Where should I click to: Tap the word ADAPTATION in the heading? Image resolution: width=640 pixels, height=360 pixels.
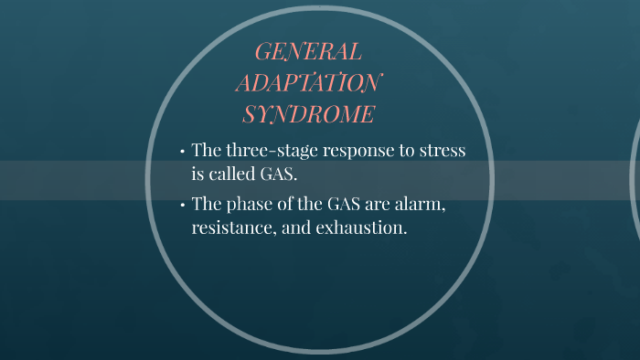coord(307,83)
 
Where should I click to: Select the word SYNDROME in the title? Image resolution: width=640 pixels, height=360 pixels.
coord(308,115)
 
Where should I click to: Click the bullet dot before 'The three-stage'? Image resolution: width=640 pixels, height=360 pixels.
coord(183,152)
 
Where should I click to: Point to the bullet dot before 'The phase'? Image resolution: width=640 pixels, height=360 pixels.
coord(183,206)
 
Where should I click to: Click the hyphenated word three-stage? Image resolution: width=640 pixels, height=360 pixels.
coord(270,151)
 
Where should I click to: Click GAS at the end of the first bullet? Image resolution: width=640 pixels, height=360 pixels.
coord(281,174)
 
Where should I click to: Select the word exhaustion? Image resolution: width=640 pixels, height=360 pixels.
coord(361,228)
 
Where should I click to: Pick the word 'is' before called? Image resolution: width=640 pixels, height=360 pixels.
coord(197,174)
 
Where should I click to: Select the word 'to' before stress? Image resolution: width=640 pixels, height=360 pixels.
coord(408,152)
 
